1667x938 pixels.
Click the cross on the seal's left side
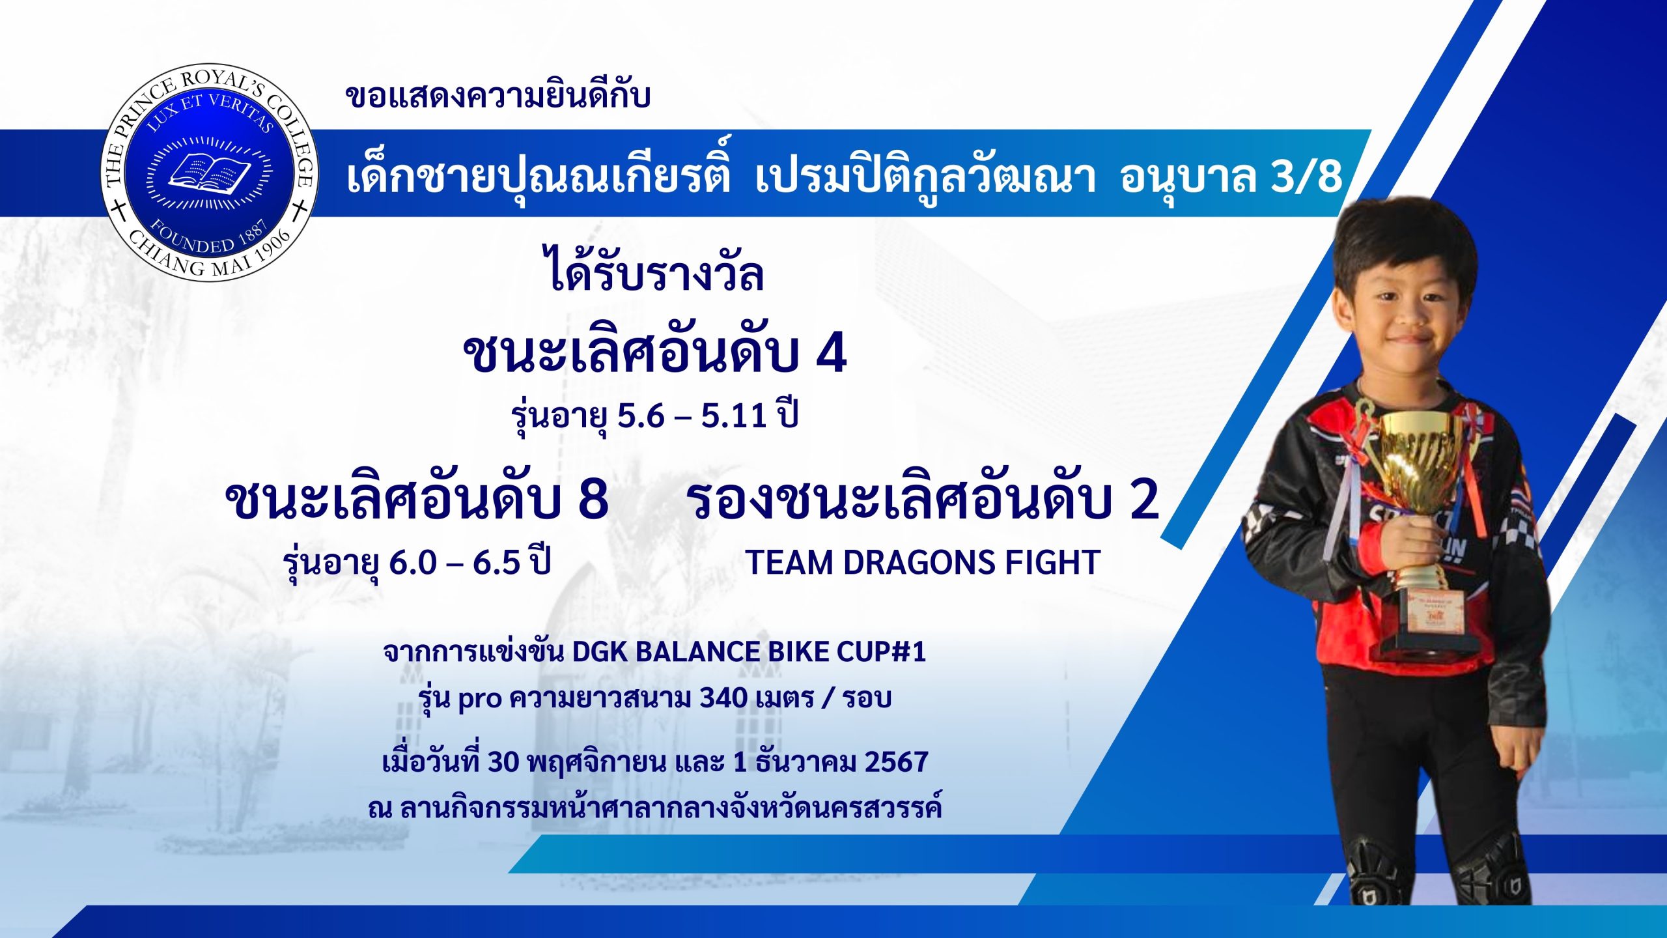(x=118, y=211)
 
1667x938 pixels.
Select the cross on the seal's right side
(x=300, y=211)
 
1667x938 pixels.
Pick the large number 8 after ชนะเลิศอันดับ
(x=593, y=500)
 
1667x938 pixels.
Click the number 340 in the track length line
(x=723, y=698)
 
